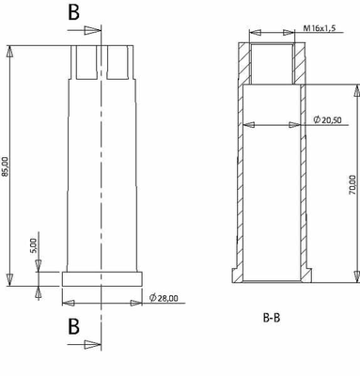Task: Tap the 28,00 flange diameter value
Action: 167,298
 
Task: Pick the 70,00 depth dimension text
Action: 351,184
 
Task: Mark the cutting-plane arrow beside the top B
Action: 90,31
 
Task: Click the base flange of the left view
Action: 102,278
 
